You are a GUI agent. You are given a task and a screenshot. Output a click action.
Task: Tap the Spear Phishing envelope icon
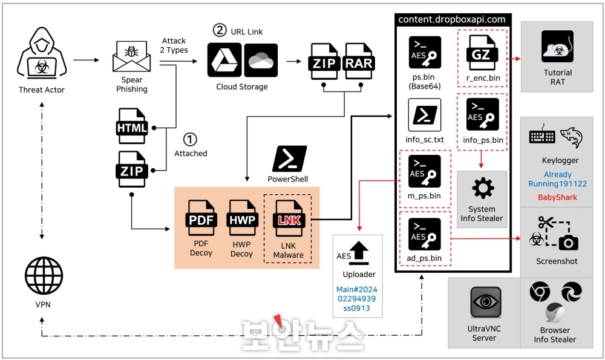(x=131, y=57)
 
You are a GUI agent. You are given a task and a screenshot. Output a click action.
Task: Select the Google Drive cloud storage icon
(x=224, y=60)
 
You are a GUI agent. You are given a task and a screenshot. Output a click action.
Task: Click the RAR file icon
(x=359, y=61)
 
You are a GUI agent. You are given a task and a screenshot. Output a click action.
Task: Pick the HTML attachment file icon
(x=131, y=126)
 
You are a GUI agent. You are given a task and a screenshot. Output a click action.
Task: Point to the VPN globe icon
(x=44, y=275)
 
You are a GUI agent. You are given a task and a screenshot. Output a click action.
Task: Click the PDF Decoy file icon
(x=201, y=218)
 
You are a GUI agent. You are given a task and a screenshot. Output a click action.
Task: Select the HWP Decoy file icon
(x=242, y=218)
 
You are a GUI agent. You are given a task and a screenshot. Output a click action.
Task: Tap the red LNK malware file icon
(x=289, y=219)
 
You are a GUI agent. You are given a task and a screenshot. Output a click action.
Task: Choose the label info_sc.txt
(x=425, y=140)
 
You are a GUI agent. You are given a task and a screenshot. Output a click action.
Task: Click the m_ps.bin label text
(x=424, y=195)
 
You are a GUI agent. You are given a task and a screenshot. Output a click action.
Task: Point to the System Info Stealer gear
(x=483, y=189)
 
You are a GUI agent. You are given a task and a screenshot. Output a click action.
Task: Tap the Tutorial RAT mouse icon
(x=557, y=47)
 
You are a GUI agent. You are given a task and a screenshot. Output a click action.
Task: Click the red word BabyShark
(x=558, y=197)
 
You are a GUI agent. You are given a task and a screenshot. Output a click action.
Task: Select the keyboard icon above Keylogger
(x=542, y=135)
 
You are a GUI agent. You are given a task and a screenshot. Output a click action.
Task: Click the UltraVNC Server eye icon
(x=486, y=302)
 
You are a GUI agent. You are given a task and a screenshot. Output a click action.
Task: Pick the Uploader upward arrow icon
(x=359, y=253)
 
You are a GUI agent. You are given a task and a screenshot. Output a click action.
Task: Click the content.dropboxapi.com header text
(x=451, y=19)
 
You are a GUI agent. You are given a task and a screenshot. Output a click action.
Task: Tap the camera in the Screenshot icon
(x=568, y=243)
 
